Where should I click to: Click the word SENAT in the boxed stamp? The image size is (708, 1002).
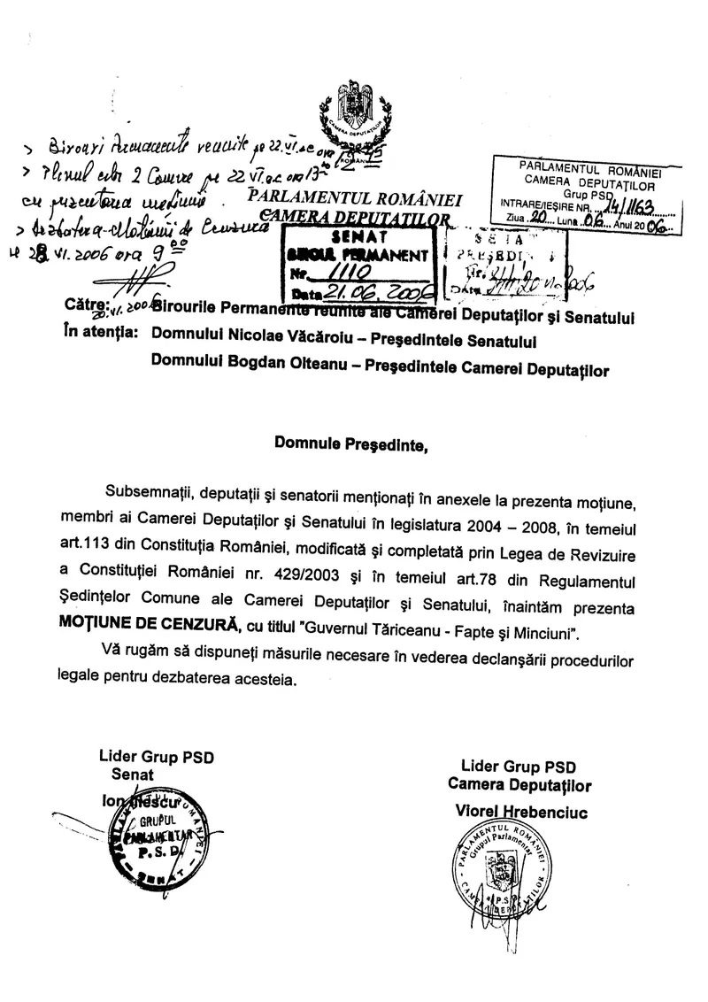[x=355, y=238]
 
